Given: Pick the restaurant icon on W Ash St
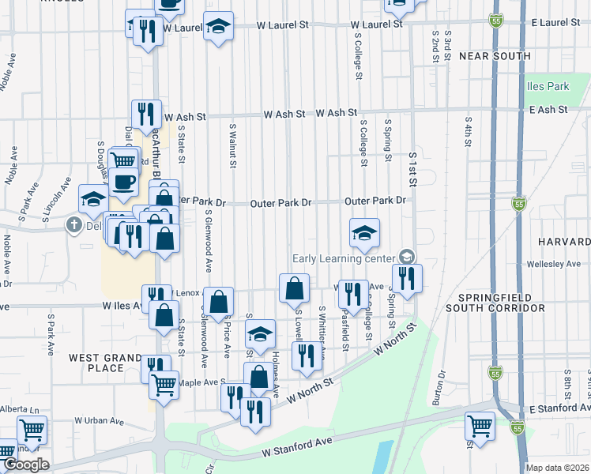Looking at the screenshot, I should (x=145, y=113).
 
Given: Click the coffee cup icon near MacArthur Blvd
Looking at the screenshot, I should (x=122, y=182).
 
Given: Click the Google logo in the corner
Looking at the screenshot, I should (x=26, y=465).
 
